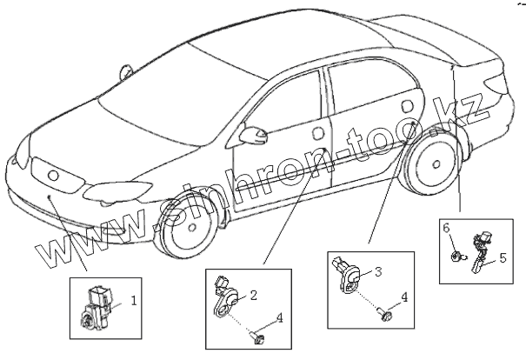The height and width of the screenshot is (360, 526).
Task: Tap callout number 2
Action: point(253,296)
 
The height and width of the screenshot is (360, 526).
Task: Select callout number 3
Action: point(379,271)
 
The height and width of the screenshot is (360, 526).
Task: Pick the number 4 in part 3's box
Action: point(403,297)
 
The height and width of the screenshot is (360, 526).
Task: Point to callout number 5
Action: point(501,257)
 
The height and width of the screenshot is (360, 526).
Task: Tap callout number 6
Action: point(447,228)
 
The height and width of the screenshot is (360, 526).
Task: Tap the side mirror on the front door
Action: point(254,135)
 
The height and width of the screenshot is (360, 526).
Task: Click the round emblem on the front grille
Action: point(53,175)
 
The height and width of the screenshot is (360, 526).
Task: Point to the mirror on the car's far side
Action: point(127,70)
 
